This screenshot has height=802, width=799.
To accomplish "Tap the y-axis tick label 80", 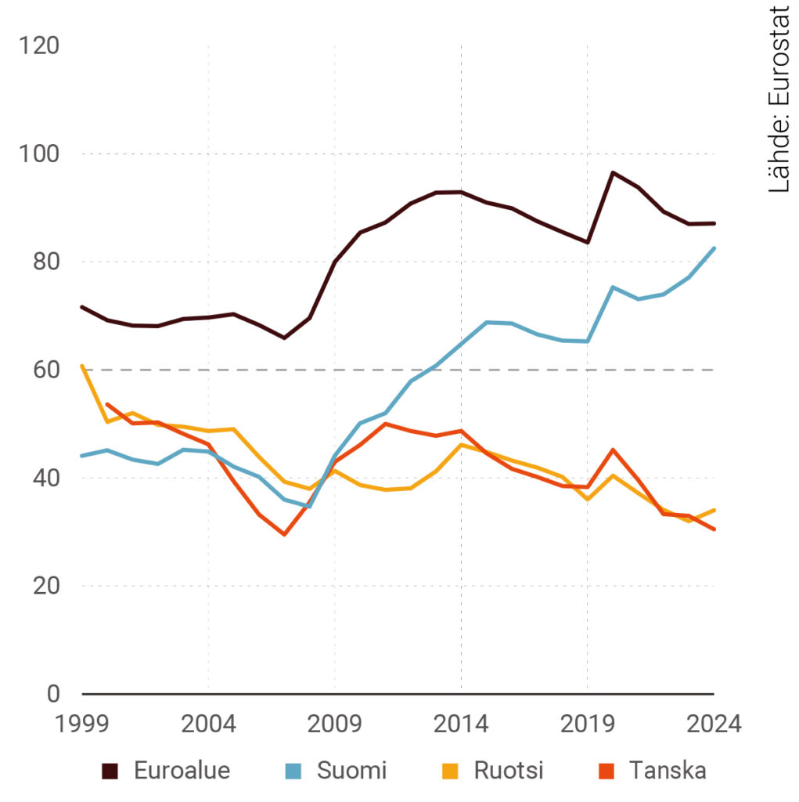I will (x=44, y=262).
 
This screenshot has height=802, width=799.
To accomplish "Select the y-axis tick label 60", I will (x=44, y=370).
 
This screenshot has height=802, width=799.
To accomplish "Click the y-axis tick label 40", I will (x=44, y=478).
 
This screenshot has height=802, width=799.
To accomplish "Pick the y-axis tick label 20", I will (x=44, y=586).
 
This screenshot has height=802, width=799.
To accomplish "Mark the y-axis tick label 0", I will (x=52, y=694).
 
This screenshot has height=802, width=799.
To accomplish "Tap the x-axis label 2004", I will (x=208, y=723).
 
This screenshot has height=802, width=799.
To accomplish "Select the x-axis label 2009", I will (x=335, y=723).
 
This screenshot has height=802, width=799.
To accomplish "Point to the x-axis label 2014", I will (x=461, y=723).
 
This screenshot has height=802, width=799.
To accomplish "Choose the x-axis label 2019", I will (x=588, y=723).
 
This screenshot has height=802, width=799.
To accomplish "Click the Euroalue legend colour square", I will (x=110, y=771).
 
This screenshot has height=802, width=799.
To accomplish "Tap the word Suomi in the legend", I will (x=351, y=771).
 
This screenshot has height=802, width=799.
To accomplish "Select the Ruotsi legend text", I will (x=509, y=771).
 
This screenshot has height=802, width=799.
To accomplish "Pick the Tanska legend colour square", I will (x=607, y=771).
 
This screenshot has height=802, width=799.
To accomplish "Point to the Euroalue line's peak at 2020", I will (x=613, y=172).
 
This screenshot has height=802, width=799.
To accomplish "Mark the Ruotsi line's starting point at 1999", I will (x=82, y=366).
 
